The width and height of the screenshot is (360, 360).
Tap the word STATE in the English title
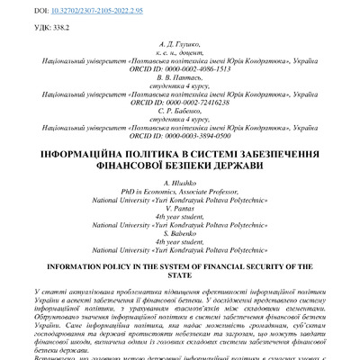click(x=181, y=277)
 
